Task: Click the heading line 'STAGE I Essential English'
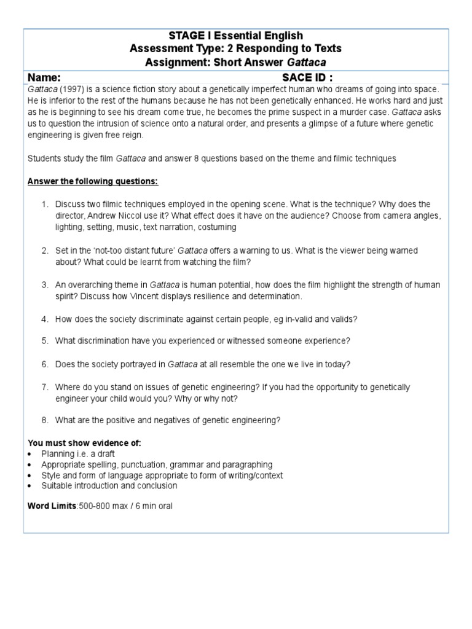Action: tap(236, 36)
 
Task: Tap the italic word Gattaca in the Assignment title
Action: tap(307, 62)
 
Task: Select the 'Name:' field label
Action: tap(44, 77)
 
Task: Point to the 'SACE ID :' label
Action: tap(307, 77)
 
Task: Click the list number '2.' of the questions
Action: tap(45, 251)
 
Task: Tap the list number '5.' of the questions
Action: tap(45, 341)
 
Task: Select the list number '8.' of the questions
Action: tap(45, 420)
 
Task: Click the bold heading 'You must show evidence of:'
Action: tap(81, 443)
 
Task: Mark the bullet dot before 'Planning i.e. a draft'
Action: tap(31, 454)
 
